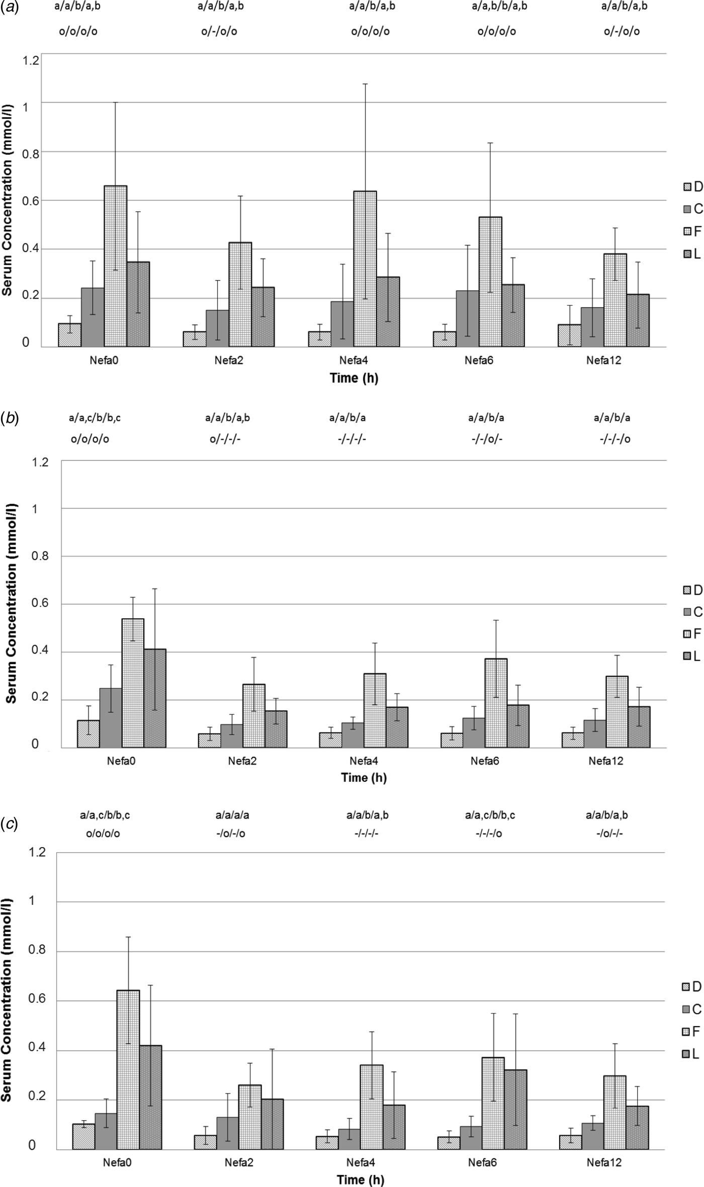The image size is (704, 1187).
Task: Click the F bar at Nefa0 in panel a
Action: coord(115,266)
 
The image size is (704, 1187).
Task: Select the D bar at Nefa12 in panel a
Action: coord(569,336)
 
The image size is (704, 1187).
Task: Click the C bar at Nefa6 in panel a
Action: coord(467,319)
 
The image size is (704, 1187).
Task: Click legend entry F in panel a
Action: coord(692,232)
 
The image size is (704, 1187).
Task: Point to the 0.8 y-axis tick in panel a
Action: coord(30,152)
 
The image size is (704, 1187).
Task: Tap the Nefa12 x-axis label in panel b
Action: coord(605,761)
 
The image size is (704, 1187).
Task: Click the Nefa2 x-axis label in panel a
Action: coord(228,360)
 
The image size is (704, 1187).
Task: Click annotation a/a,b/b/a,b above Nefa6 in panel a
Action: coord(499,7)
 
